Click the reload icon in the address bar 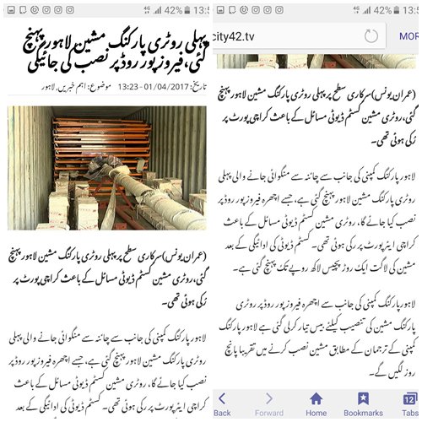point(370,36)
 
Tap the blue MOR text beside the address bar point(408,36)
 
